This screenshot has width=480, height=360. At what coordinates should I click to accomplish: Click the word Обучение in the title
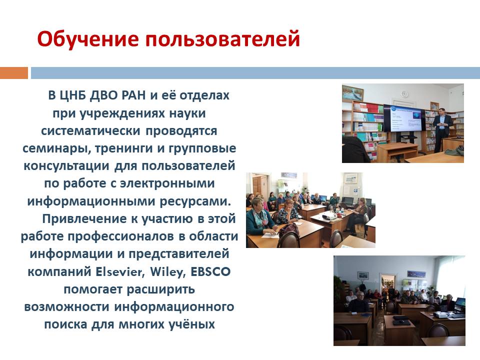tap(88, 39)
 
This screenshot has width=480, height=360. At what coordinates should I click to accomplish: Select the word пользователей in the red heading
tap(222, 39)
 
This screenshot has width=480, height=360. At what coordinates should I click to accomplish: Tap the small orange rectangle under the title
tap(14, 73)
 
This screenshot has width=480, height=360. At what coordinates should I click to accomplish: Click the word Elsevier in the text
tap(120, 271)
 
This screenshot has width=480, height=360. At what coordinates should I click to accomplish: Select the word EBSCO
tap(210, 271)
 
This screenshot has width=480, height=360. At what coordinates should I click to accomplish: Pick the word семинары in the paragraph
tap(56, 148)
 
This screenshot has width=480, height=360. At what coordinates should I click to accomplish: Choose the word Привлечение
tap(84, 219)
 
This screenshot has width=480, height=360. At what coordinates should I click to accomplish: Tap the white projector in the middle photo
tap(329, 216)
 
